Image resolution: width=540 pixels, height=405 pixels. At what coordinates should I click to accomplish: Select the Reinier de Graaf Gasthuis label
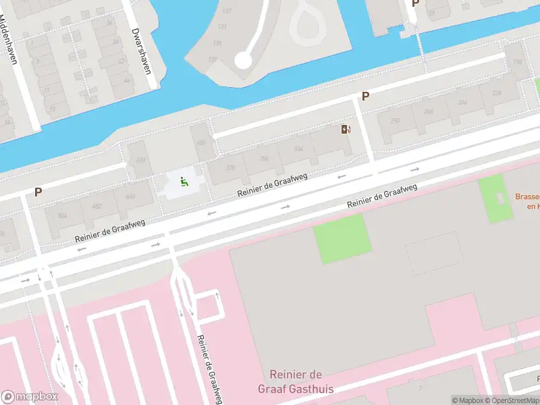click(x=296, y=381)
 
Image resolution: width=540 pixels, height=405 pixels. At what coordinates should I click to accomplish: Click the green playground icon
click(x=183, y=181)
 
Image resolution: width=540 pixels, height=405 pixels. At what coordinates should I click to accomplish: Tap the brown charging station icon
click(x=346, y=130)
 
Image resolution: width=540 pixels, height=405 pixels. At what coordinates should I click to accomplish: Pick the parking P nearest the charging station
click(x=365, y=97)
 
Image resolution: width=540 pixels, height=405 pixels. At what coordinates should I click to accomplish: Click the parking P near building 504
click(x=38, y=192)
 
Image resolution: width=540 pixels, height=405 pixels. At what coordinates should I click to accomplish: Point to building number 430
click(x=140, y=160)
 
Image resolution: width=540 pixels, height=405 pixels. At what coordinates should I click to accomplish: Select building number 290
click(x=395, y=120)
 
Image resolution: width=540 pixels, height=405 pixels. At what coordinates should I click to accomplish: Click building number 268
click(x=428, y=111)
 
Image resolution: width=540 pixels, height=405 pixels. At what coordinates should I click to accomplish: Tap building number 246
click(x=462, y=102)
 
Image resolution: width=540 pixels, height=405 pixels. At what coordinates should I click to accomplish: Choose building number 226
click(x=496, y=93)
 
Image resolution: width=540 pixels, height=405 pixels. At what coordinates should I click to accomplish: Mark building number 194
click(x=518, y=62)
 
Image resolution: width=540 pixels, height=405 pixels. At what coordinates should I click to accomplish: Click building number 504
click(x=63, y=216)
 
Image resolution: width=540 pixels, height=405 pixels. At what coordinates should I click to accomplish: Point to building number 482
click(x=96, y=207)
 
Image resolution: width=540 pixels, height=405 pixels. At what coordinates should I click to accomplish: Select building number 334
click(x=297, y=150)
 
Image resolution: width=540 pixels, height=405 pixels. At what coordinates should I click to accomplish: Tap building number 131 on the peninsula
click(x=222, y=28)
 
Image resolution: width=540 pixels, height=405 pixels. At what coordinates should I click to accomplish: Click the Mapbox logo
click(x=30, y=397)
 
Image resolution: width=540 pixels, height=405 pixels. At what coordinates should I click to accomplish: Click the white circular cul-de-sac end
click(x=243, y=61)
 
